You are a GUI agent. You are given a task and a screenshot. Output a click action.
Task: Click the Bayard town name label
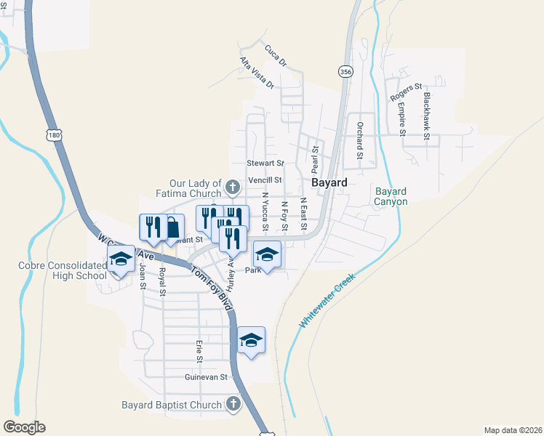tap(329, 182)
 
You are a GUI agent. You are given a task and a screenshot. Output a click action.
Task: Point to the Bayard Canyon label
tap(391, 196)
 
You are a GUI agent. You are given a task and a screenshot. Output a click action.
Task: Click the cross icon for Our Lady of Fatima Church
tap(233, 188)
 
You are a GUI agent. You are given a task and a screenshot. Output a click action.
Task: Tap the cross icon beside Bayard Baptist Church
tap(233, 404)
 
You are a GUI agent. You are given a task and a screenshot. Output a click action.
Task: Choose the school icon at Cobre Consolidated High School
tap(121, 259)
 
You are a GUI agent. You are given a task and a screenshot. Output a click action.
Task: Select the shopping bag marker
tap(170, 227)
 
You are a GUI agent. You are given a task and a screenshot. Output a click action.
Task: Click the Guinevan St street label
tap(207, 377)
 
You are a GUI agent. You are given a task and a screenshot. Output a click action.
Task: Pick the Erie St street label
tap(198, 350)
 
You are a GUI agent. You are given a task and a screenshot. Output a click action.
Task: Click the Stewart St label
tap(265, 163)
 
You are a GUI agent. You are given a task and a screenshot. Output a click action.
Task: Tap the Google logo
tap(24, 427)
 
